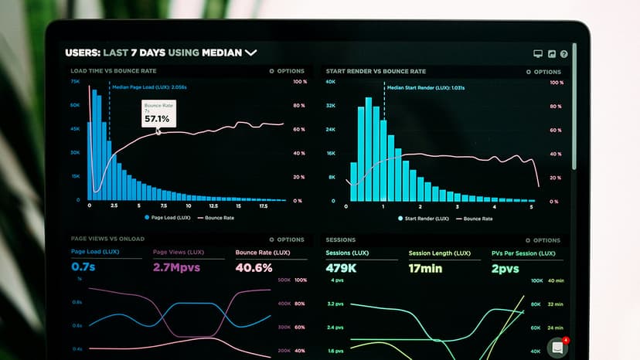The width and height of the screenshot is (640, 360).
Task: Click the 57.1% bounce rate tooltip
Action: pos(158,114)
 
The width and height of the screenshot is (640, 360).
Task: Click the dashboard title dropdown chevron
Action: pos(250,53)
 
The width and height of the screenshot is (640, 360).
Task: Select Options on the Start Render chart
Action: pos(544,71)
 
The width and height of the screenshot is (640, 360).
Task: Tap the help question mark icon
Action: pos(563,54)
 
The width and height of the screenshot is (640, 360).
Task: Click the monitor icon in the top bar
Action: pos(538,54)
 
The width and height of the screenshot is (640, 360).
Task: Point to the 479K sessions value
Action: pos(341,268)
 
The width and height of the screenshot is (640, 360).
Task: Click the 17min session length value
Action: pos(425,268)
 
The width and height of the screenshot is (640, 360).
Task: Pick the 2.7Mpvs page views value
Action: pos(176,268)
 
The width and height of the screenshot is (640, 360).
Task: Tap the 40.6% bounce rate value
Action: pos(254,268)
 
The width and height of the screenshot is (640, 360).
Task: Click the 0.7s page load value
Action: pos(83,267)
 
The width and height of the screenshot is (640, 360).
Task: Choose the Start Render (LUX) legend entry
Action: pos(423,219)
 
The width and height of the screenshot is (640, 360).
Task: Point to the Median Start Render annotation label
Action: pos(425,87)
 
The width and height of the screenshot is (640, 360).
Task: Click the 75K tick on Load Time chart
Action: pos(75,81)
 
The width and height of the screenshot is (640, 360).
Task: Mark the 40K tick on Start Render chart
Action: pos(330,81)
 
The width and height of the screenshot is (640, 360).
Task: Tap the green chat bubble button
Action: pos(557,348)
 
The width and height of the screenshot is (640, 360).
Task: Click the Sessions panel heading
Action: pos(341,239)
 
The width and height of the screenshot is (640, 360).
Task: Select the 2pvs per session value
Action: pos(505,268)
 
